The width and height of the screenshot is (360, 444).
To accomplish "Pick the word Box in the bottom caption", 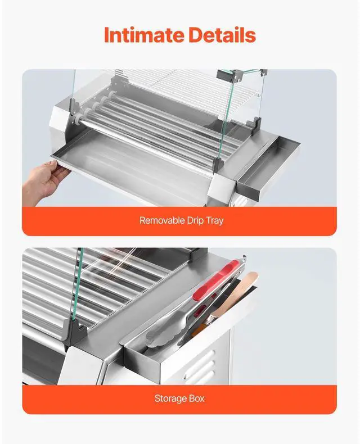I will (197, 398).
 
